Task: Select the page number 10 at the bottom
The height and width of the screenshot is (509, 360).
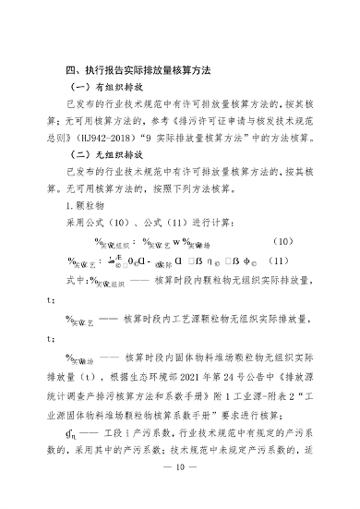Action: pos(180,492)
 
